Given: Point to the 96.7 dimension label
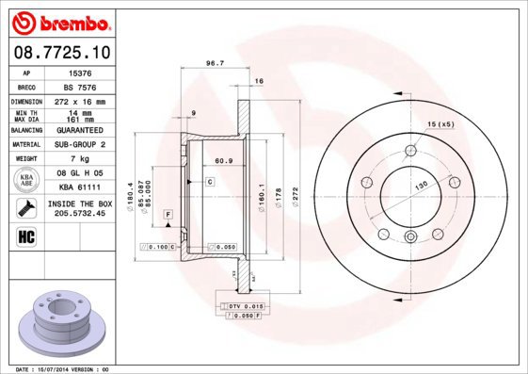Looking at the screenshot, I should [x=215, y=64].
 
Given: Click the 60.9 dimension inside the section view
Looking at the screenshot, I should [x=224, y=161].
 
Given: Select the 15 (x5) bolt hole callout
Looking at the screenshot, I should [x=440, y=124].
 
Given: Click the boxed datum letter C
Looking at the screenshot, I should [x=210, y=180].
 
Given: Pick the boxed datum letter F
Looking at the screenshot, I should [x=167, y=216].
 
